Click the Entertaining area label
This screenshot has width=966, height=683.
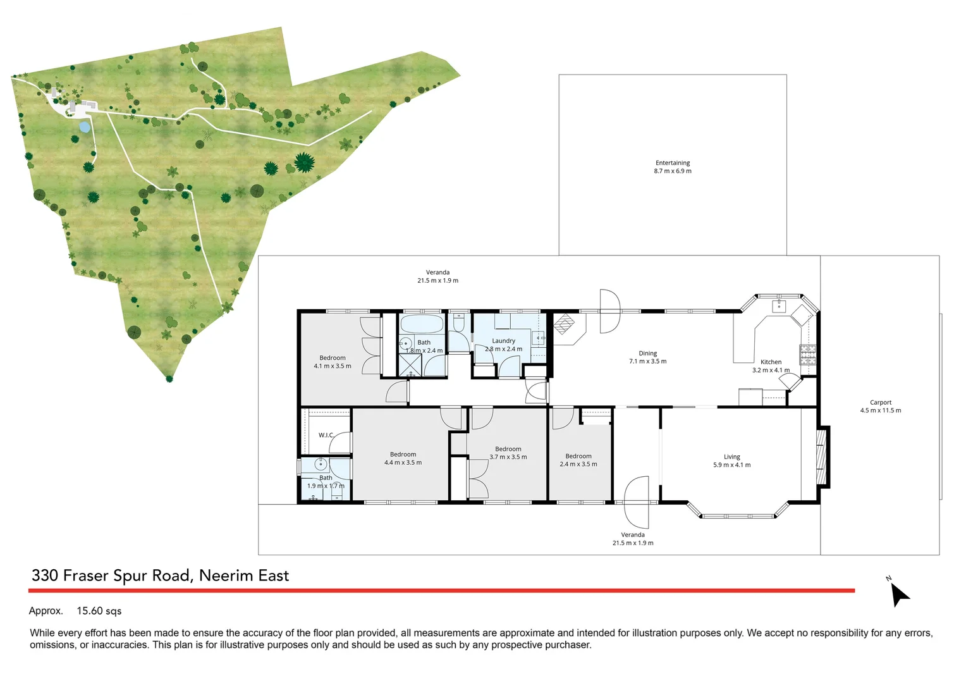coord(673,167)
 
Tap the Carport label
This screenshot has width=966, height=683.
coord(880,406)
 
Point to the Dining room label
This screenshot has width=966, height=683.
coord(647,357)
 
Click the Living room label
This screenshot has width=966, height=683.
coord(731,460)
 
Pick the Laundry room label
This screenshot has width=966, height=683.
coord(503,345)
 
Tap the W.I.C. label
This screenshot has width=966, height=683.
coord(326,435)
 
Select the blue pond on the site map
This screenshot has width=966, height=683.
coord(84,127)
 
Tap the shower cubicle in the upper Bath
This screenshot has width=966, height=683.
coord(410,366)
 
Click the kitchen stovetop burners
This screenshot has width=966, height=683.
coord(807,354)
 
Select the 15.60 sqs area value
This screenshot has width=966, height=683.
coord(99,611)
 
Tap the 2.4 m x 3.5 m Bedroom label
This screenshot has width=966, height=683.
coord(578,460)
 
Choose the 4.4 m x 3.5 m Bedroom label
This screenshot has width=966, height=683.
coord(403,458)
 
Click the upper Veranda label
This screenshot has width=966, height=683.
coord(437,276)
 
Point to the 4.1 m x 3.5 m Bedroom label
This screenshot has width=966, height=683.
coord(333,362)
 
